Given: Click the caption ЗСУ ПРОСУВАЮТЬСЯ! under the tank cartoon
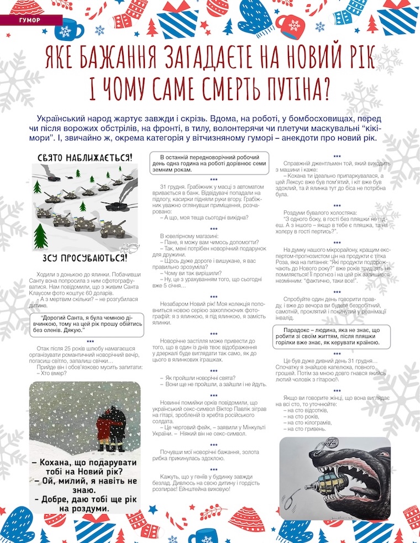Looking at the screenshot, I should tap(84, 258).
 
